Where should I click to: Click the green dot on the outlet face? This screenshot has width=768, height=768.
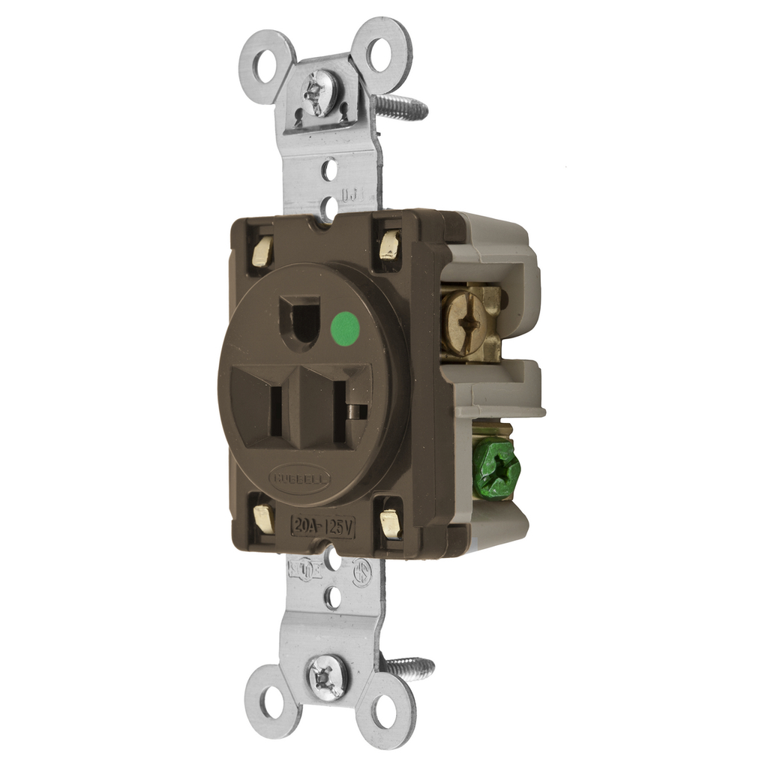(x=344, y=328)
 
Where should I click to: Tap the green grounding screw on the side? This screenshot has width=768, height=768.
(x=496, y=469)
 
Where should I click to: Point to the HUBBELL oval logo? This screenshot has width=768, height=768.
(x=298, y=478)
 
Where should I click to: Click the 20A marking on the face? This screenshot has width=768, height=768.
(x=307, y=526)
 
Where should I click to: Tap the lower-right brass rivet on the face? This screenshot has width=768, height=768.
(x=390, y=523)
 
